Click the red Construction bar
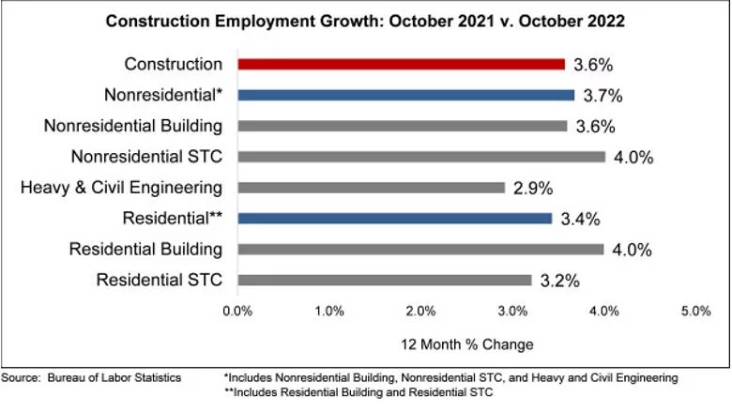point(401,65)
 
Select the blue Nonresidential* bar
point(405,95)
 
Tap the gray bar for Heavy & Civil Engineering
point(371,188)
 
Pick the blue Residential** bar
point(394,219)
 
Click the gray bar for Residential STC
point(385,280)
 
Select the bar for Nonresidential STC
point(420,157)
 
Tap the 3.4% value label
point(580,220)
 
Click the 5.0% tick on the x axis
point(694,311)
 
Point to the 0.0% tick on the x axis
point(238,311)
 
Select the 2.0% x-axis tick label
point(420,311)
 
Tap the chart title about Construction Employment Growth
point(366,21)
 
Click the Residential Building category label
point(145,249)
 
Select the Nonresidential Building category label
point(132,126)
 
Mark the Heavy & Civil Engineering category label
point(121,188)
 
